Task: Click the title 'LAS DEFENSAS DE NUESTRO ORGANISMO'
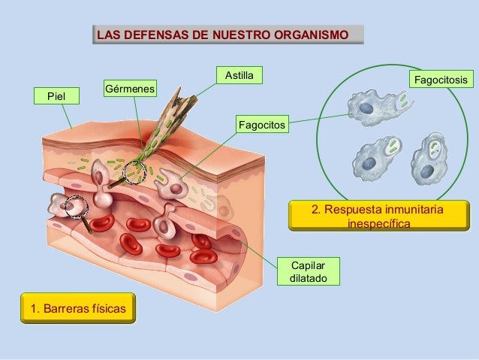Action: [x=227, y=35]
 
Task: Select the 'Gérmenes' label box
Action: [x=129, y=89]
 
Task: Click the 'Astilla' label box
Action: [x=239, y=75]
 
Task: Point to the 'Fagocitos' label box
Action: [x=261, y=123]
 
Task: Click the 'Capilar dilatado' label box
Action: [x=308, y=271]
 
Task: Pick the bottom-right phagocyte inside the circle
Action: [x=429, y=161]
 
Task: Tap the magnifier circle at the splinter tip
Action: [x=134, y=173]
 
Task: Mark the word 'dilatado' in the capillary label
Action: [x=308, y=279]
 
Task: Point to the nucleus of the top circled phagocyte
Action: [x=366, y=109]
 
